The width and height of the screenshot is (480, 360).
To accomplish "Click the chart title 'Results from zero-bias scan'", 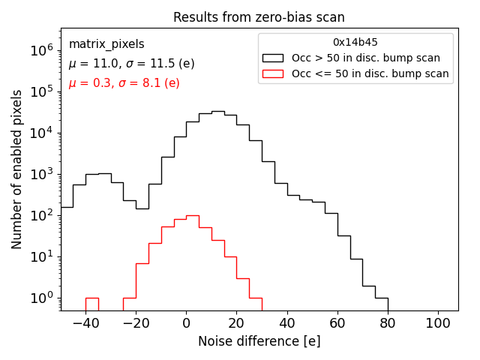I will [259, 17].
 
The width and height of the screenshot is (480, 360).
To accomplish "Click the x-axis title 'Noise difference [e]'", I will [259, 341].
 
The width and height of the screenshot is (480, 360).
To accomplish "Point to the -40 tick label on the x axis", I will [85, 322].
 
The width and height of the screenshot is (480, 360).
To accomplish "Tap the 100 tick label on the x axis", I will [438, 322].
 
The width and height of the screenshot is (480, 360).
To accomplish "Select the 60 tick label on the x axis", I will [337, 322].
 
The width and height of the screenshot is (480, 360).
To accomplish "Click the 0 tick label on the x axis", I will [187, 322].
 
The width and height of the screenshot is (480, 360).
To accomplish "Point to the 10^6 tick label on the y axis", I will [40, 50].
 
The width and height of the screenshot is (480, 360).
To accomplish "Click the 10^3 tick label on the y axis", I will [40, 174].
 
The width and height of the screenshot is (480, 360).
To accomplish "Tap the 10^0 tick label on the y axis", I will [40, 298].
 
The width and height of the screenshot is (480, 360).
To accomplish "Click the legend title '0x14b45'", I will [355, 43].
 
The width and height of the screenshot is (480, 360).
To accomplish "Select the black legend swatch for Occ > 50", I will [274, 58].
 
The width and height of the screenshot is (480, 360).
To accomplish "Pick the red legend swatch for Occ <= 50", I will [274, 73].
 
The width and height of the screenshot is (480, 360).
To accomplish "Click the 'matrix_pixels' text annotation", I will [106, 44].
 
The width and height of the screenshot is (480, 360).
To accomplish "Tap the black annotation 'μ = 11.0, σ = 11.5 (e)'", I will [131, 64].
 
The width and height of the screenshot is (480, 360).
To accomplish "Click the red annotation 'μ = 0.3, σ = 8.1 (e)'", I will [124, 83].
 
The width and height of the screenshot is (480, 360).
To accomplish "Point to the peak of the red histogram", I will [193, 215].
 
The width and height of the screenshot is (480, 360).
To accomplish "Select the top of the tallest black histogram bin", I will [217, 112].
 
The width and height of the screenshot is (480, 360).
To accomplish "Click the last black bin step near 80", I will [382, 298].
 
